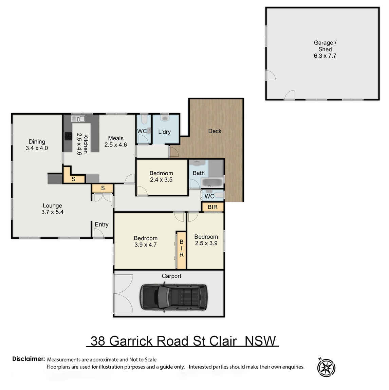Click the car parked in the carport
click(x=173, y=297)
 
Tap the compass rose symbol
click(x=326, y=367)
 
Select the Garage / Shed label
click(x=325, y=49)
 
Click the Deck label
click(x=215, y=131)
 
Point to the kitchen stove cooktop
click(x=68, y=136)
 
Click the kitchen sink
click(x=79, y=119)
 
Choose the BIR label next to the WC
click(x=212, y=207)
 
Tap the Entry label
click(x=101, y=225)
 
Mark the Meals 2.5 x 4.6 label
click(x=116, y=141)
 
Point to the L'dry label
click(x=164, y=132)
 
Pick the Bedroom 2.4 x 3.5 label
click(x=161, y=176)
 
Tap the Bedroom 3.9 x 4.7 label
click(x=146, y=241)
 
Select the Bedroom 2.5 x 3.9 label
click(x=206, y=240)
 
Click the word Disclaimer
click(x=29, y=359)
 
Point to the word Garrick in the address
click(x=131, y=341)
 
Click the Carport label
click(x=171, y=276)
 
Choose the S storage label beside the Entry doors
click(x=103, y=188)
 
